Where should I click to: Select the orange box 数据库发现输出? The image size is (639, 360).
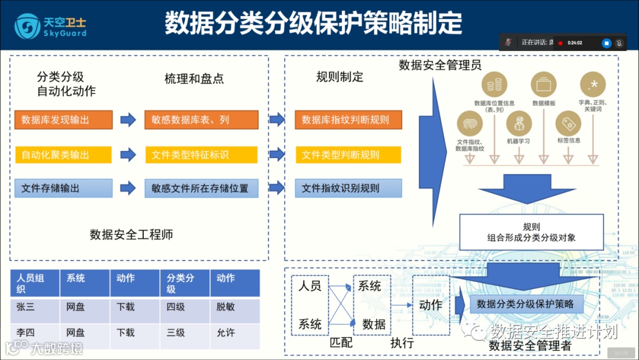tap(63, 120)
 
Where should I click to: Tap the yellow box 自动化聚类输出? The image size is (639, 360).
tap(63, 155)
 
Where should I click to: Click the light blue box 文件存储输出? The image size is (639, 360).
tap(63, 188)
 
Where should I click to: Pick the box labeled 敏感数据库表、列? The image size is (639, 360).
tap(201, 120)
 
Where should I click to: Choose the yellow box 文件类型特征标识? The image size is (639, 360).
tap(201, 155)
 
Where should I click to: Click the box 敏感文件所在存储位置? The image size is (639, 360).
tap(201, 188)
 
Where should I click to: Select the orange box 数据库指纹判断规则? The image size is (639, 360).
tap(348, 120)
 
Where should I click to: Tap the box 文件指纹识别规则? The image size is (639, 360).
tap(348, 188)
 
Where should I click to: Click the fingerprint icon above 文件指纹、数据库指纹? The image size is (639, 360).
tap(470, 124)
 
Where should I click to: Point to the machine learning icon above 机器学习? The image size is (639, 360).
tap(519, 124)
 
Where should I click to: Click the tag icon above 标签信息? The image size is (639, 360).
tap(568, 124)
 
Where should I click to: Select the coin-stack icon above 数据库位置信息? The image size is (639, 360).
tap(495, 85)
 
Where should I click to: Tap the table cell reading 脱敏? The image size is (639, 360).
tap(234, 307)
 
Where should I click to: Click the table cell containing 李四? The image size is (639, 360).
tap(34, 333)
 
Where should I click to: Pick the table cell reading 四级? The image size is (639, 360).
tap(184, 307)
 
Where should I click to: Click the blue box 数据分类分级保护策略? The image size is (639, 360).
tap(525, 304)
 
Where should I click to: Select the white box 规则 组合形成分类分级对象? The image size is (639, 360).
tap(531, 232)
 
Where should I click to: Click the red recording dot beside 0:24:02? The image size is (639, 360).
tap(560, 43)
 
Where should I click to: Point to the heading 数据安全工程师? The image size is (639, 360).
tap(131, 234)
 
